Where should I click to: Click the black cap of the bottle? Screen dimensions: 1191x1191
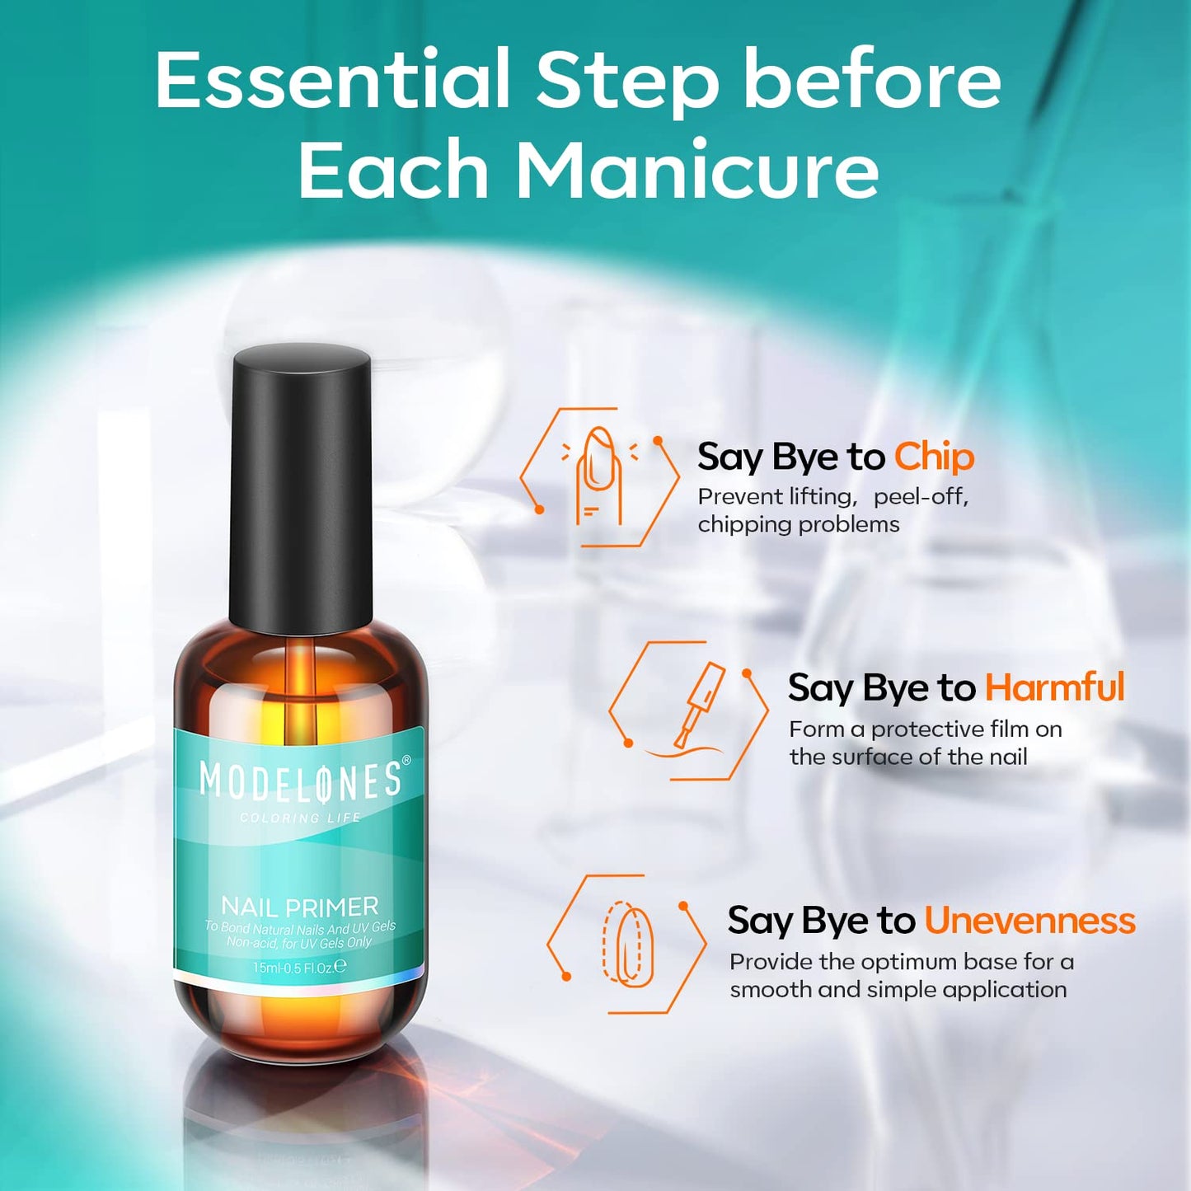(x=301, y=486)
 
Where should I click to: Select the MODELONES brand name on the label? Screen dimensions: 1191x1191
(x=300, y=781)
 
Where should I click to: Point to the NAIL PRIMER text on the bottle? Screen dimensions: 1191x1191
(x=300, y=907)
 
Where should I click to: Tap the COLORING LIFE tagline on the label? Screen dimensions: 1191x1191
(x=300, y=818)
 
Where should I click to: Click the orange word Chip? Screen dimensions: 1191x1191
(x=934, y=457)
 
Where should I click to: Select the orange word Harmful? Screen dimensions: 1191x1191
(x=1054, y=687)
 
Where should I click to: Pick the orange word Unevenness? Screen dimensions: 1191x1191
(x=1029, y=921)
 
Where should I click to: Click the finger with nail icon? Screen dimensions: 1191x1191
(x=599, y=476)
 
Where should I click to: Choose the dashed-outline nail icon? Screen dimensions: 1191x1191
(x=628, y=945)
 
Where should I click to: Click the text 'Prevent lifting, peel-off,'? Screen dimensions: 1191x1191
(x=832, y=497)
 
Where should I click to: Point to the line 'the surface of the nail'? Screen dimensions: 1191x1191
(x=907, y=757)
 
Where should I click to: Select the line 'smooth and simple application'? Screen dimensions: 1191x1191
(x=898, y=989)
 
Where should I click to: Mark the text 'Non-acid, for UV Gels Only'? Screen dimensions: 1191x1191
(x=299, y=943)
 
